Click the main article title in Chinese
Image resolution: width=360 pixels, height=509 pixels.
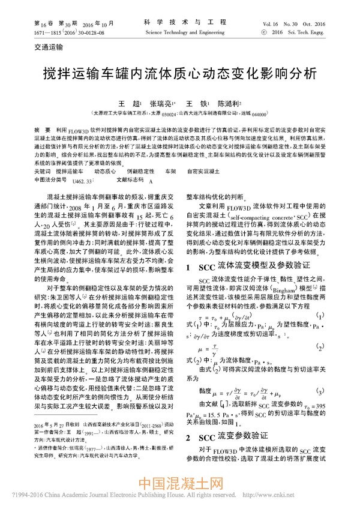(x=179, y=74)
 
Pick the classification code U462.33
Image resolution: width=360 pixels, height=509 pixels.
(x=82, y=179)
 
